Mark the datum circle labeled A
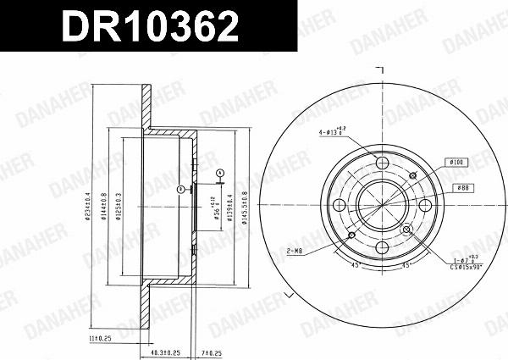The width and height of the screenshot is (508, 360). (219, 173)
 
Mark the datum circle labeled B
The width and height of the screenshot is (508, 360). (181, 190)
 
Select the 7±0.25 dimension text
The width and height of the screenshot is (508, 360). (211, 352)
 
